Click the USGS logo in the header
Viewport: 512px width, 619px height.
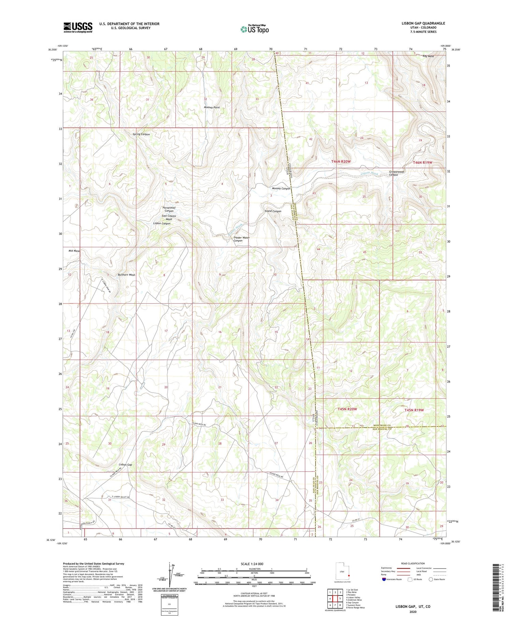(x=78, y=27)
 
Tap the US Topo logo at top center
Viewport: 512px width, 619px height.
(x=254, y=29)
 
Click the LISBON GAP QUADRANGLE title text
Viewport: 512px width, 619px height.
(x=423, y=23)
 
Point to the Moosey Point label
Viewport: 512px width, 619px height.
(x=212, y=108)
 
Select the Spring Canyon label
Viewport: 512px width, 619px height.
(x=141, y=134)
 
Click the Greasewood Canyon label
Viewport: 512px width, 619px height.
(x=396, y=173)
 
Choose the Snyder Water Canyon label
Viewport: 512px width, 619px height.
(x=241, y=239)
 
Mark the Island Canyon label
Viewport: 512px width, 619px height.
(x=272, y=211)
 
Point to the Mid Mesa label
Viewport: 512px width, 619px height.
(x=74, y=251)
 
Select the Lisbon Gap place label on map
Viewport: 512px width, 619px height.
(x=125, y=464)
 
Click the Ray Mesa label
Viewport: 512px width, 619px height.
(x=428, y=56)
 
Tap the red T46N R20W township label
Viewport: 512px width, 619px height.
(x=341, y=161)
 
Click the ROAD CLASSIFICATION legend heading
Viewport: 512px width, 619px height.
(x=413, y=563)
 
